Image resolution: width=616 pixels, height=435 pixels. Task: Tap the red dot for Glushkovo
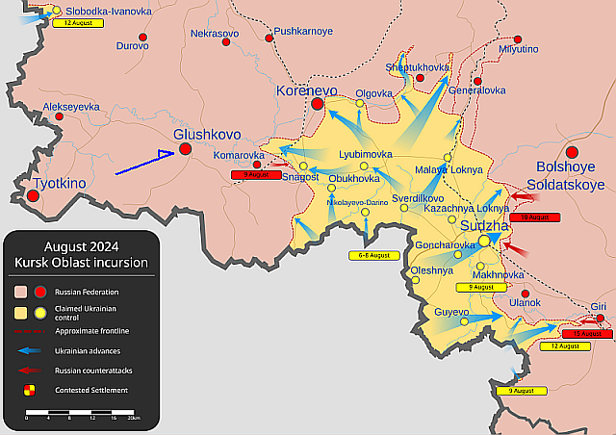tap(185, 149)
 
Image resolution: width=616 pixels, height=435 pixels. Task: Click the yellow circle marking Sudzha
tap(484, 241)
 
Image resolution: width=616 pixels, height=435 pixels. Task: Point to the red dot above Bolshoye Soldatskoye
tap(572, 152)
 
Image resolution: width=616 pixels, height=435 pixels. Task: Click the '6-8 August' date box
tap(372, 255)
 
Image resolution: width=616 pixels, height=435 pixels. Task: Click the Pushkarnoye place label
tap(303, 31)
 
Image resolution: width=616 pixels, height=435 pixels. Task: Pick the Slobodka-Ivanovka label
tap(108, 11)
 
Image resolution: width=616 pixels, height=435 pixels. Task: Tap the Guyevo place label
tap(451, 313)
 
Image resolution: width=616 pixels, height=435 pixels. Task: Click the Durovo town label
tap(132, 45)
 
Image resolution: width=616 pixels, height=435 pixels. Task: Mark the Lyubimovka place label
tap(366, 154)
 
